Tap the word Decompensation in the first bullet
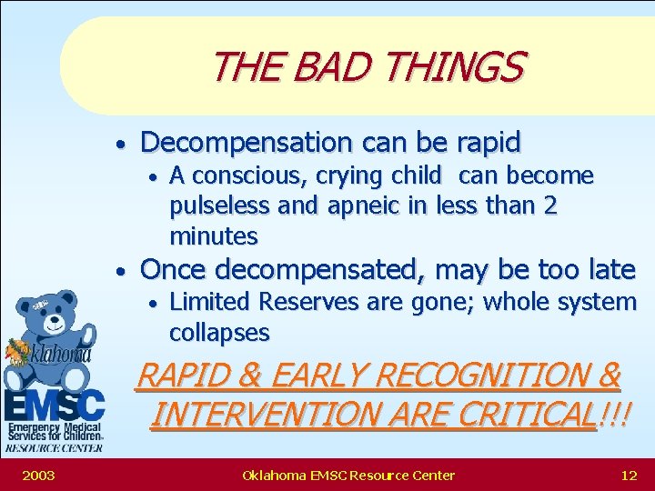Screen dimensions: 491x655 tap(247, 143)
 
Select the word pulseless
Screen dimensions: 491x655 tap(219, 206)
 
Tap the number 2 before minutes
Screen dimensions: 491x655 tap(549, 206)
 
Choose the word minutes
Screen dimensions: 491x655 tap(214, 236)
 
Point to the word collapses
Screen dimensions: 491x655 tap(219, 333)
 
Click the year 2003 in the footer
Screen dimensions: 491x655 tap(37, 475)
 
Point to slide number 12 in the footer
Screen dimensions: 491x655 tap(628, 475)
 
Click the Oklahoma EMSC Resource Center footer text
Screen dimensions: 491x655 tap(348, 475)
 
